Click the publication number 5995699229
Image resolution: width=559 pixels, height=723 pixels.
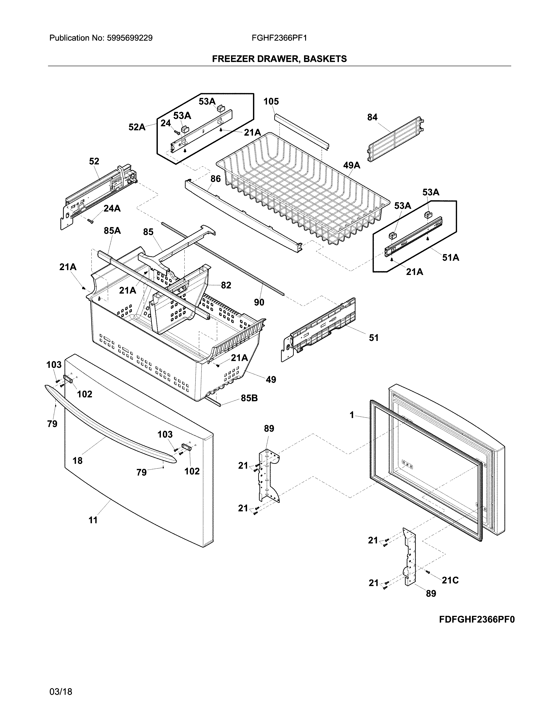click(130, 38)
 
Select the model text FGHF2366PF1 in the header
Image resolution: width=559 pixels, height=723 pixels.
click(279, 38)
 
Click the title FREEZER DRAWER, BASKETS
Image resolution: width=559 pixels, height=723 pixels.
click(279, 59)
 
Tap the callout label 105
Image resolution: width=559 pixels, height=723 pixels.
click(271, 102)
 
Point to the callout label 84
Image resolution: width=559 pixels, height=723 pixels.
click(372, 117)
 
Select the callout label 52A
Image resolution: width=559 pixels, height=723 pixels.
click(137, 127)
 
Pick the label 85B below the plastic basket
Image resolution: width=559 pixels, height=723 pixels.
click(249, 398)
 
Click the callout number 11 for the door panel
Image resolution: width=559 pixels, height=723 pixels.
click(93, 520)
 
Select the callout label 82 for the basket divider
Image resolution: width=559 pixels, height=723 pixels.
click(226, 285)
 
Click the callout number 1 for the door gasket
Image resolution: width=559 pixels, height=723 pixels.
click(352, 415)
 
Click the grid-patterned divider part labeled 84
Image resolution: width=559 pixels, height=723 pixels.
click(396, 139)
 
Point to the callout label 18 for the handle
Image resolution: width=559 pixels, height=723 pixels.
click(77, 461)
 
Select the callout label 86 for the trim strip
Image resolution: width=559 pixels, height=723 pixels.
click(215, 179)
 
